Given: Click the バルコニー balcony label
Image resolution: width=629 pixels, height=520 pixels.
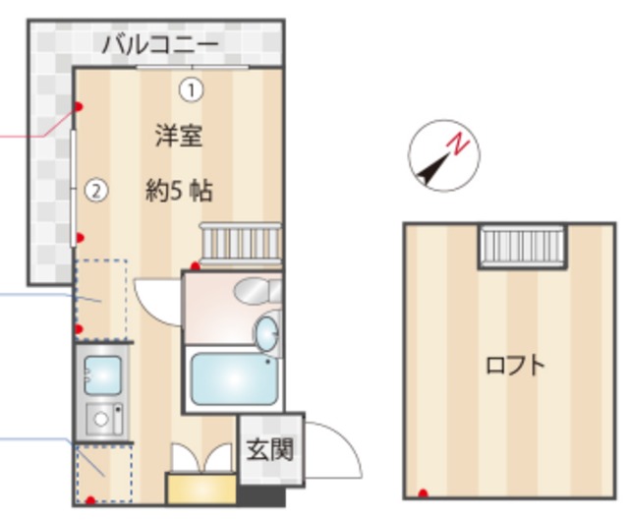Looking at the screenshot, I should click(x=161, y=44).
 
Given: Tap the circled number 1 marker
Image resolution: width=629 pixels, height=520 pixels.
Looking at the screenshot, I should click(x=191, y=90).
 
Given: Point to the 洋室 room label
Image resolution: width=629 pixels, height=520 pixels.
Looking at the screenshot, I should click(x=178, y=136).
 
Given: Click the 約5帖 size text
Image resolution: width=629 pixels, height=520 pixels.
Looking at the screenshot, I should click(x=179, y=191).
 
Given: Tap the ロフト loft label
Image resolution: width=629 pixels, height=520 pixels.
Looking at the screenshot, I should click(x=514, y=366).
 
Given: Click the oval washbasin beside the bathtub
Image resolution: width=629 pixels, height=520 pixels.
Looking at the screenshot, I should click(x=266, y=333).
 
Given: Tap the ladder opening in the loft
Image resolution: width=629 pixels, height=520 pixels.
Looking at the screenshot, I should click(x=522, y=245).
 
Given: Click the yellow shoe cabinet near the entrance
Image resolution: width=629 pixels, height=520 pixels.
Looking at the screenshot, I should click(x=200, y=489).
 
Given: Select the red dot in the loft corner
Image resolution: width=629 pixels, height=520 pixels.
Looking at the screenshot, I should click(x=424, y=492).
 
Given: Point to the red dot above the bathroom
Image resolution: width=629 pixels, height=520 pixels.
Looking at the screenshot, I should click(x=196, y=266).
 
